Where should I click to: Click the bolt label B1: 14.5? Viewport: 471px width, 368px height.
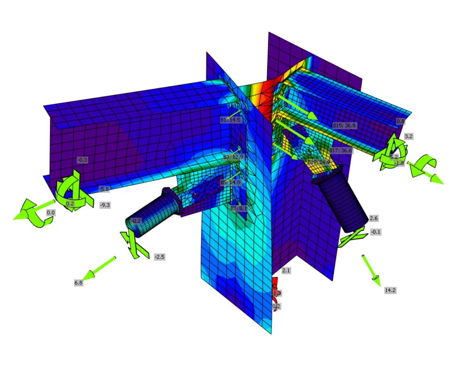(230, 120)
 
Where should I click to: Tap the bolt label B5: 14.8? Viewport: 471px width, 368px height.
(230, 183)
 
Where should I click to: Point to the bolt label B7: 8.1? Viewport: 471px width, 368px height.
(238, 208)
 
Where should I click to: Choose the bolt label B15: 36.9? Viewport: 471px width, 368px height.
(344, 125)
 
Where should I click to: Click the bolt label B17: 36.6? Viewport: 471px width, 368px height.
(340, 151)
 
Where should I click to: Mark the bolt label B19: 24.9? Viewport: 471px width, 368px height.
(319, 162)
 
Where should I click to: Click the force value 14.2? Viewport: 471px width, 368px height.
(390, 290)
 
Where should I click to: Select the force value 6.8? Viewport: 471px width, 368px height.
(78, 283)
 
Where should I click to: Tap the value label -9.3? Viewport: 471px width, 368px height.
(105, 205)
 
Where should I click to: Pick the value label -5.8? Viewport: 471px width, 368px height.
(104, 189)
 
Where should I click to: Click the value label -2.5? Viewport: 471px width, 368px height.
(159, 257)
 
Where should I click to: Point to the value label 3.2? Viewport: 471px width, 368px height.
(408, 136)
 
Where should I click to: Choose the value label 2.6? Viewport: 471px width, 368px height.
(373, 218)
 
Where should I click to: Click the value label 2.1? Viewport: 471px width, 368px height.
(286, 270)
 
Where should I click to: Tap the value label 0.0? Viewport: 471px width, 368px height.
(50, 213)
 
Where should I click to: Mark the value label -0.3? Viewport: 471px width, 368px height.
(82, 160)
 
